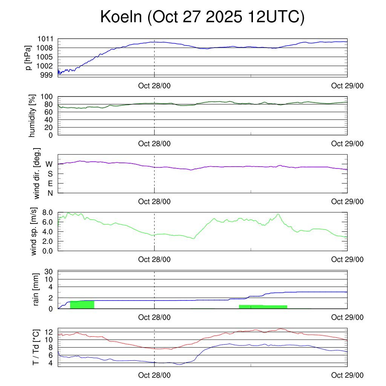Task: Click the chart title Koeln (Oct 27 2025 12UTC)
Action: coord(202,17)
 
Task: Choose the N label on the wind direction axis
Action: coord(50,193)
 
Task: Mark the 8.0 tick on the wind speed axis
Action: coord(47,212)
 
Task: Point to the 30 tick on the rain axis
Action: coord(50,271)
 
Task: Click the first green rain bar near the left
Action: coord(82,305)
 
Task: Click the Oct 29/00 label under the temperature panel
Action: coord(347,375)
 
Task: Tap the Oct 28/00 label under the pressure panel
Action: coord(154,86)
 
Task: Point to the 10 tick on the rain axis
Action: coord(50,279)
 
